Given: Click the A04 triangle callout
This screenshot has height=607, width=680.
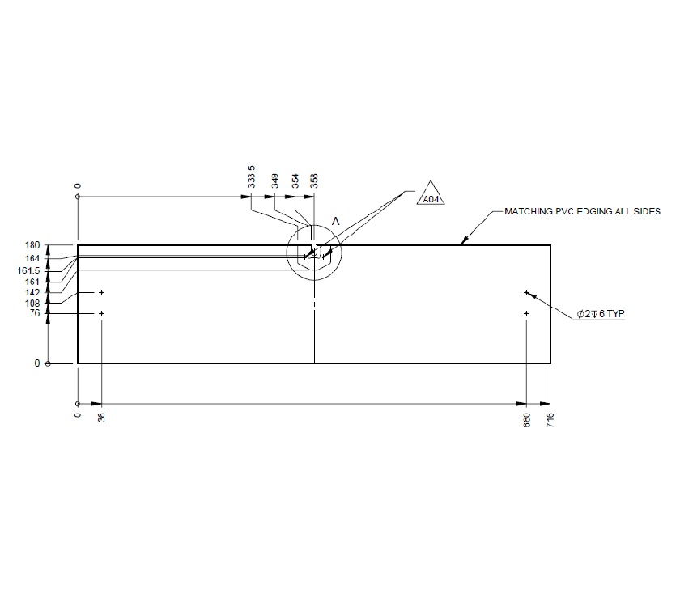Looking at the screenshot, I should coord(431,196).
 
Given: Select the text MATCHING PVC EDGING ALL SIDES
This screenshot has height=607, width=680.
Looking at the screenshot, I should coord(582,210).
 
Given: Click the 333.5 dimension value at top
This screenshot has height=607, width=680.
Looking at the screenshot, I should coord(251,178).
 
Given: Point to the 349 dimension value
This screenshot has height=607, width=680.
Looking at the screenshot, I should coord(275,180).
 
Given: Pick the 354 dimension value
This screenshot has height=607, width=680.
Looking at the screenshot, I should coord(295,180).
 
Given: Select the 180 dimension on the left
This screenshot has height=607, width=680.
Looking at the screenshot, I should coord(32,245).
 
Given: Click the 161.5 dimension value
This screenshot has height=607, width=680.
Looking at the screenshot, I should coord(28,270).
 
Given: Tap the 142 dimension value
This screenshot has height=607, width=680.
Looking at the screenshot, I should coord(32,292).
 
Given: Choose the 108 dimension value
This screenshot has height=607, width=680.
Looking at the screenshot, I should coord(32,303).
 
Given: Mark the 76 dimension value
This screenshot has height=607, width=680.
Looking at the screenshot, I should coord(35,313).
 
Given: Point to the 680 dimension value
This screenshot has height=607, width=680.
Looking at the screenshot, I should coord(526,418).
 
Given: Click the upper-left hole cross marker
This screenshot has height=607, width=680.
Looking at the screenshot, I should coord(101,292).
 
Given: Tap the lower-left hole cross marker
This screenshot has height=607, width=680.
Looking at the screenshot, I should coord(101,313).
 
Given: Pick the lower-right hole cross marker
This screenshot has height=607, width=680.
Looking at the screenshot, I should coord(526,313).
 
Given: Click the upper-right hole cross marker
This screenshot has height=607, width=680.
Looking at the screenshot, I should coord(526,292).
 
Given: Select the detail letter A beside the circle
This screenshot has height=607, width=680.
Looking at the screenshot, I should coord(335,220).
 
